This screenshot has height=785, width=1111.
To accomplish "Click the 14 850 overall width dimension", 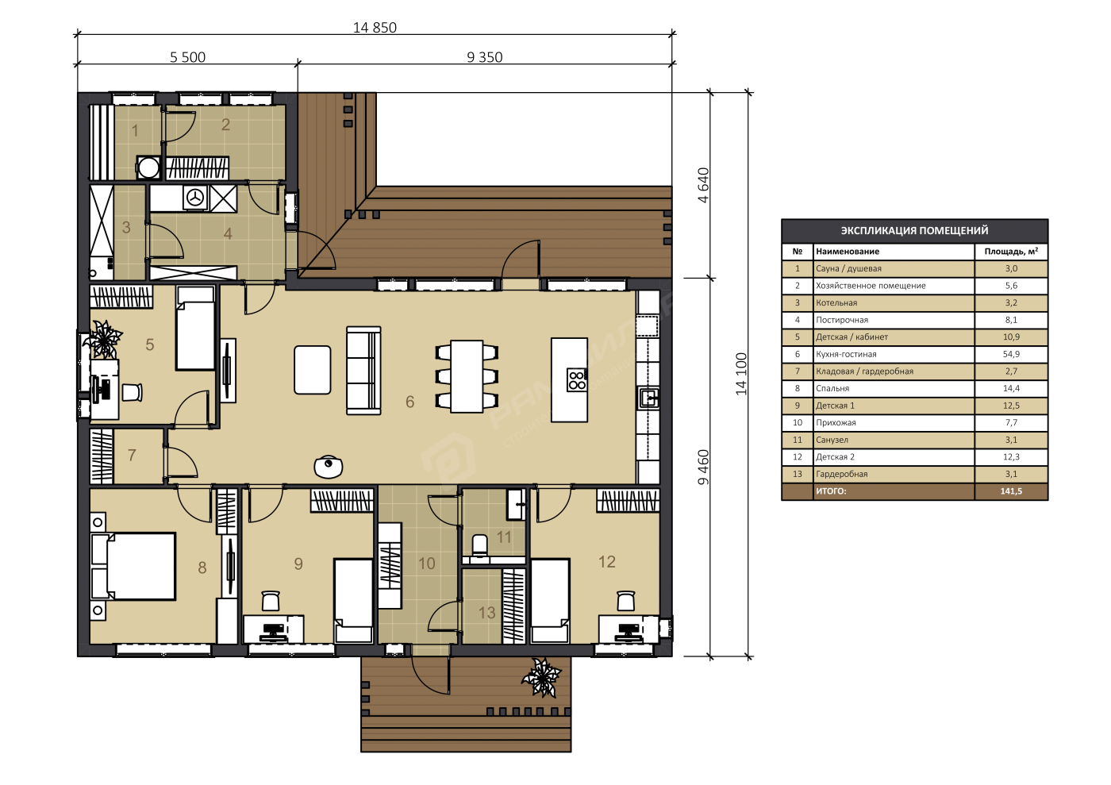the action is pos(375,27).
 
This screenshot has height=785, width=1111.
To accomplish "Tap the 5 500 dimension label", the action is pos(187,57).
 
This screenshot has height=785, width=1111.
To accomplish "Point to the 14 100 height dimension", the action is pos(741,374).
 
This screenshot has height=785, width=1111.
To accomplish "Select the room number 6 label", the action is pos(409,402).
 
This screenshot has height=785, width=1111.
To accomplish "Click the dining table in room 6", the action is pos(467,376).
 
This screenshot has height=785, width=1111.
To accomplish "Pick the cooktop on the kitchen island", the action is pos(577,380).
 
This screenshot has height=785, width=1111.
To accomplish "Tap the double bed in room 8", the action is pos(134,566).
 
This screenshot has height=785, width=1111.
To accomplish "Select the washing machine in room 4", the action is pos(195,198).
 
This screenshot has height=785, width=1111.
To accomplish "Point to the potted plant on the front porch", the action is pos(541,677).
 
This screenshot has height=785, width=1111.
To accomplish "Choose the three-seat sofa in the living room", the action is pos(363,370).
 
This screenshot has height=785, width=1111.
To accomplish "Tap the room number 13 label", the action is pos(486,613).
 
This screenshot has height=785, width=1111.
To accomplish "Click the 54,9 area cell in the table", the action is pos(1011,354).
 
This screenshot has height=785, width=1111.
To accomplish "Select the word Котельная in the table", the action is pos(836,302).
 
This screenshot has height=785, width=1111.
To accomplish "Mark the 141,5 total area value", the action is pos(1011,491).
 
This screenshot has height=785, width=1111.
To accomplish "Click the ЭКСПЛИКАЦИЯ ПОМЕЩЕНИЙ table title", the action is pos(914,230).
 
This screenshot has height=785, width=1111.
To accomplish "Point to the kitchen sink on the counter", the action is pos(649,398).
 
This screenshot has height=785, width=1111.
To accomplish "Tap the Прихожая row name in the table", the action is pos(836,423).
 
